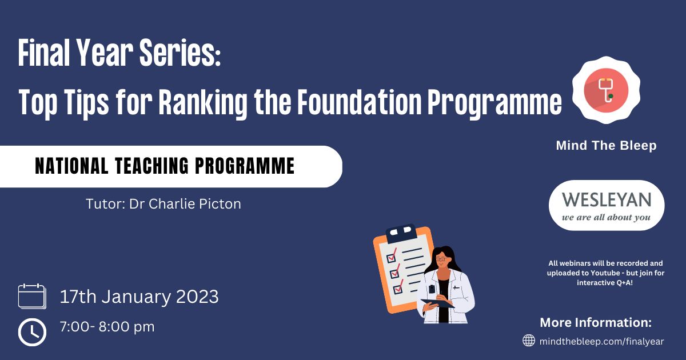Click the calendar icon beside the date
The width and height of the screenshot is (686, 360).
32,297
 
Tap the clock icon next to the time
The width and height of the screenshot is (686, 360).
32,332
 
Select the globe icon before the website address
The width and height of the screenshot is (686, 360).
529,341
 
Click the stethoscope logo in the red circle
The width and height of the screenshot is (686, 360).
606,90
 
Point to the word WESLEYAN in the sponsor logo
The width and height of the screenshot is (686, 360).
607,199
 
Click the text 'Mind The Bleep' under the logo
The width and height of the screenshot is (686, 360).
606,145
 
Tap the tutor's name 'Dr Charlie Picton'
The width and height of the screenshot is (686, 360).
185,204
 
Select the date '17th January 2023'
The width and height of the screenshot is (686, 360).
139,297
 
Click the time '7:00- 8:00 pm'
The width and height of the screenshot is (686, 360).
107,327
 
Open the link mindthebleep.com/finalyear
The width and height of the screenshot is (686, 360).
601,341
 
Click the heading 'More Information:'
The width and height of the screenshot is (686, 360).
596,322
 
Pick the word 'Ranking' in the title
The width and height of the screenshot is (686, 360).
203,102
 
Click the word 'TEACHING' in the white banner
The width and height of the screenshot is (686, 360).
151,166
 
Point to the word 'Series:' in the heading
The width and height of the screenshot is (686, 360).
180,53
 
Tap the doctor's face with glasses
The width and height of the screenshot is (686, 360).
442,261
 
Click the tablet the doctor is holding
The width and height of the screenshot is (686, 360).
438,303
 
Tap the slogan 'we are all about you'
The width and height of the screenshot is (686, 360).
606,217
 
